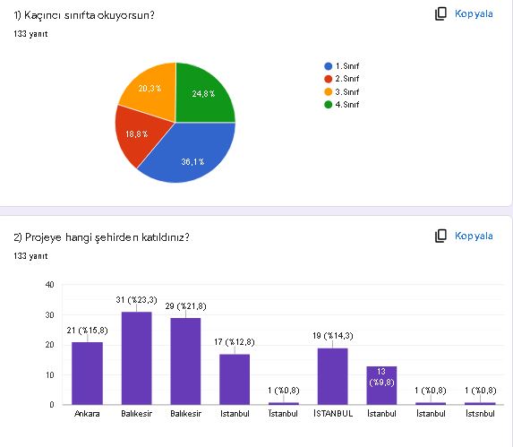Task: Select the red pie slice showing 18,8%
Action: pyautogui.click(x=137, y=133)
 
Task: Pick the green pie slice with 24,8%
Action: pyautogui.click(x=202, y=93)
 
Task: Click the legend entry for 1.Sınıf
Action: pyautogui.click(x=346, y=66)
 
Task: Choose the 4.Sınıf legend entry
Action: pyautogui.click(x=346, y=105)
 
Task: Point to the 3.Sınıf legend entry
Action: pyautogui.click(x=346, y=92)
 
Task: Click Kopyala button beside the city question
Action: pyautogui.click(x=464, y=236)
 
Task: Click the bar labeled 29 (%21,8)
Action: pyautogui.click(x=185, y=361)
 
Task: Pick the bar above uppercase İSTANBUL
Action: pyautogui.click(x=332, y=376)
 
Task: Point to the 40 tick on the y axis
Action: pyautogui.click(x=49, y=285)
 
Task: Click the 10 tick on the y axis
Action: pyautogui.click(x=49, y=374)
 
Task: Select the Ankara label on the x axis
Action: pyautogui.click(x=87, y=415)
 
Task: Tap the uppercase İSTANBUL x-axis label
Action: pyautogui.click(x=332, y=415)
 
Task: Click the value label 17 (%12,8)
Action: pyautogui.click(x=235, y=343)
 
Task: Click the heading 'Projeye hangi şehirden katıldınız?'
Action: pyautogui.click(x=101, y=237)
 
